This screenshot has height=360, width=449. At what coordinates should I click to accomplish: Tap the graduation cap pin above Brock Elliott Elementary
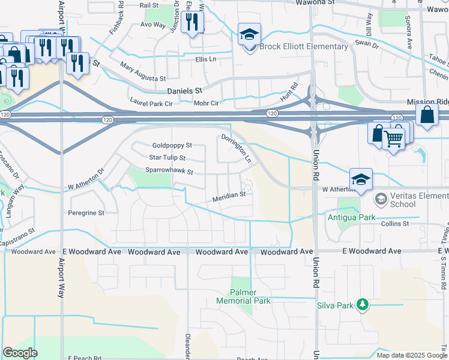point(249,35)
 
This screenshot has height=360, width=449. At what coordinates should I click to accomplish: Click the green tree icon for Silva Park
point(362,305)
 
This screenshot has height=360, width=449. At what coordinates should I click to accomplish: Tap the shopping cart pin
point(394,139)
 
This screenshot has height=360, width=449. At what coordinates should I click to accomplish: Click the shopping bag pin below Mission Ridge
point(426,115)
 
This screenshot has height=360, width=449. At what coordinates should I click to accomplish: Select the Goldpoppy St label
point(172,145)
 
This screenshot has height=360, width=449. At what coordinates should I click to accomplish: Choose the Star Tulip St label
point(167,158)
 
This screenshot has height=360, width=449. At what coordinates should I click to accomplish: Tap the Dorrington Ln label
point(244,149)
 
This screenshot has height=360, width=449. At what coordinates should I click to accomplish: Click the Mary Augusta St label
point(143,71)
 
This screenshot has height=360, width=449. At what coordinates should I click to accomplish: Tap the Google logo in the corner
point(20,353)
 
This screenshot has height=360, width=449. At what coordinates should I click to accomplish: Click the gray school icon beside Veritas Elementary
point(381,199)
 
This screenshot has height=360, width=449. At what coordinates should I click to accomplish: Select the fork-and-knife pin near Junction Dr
point(192,23)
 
